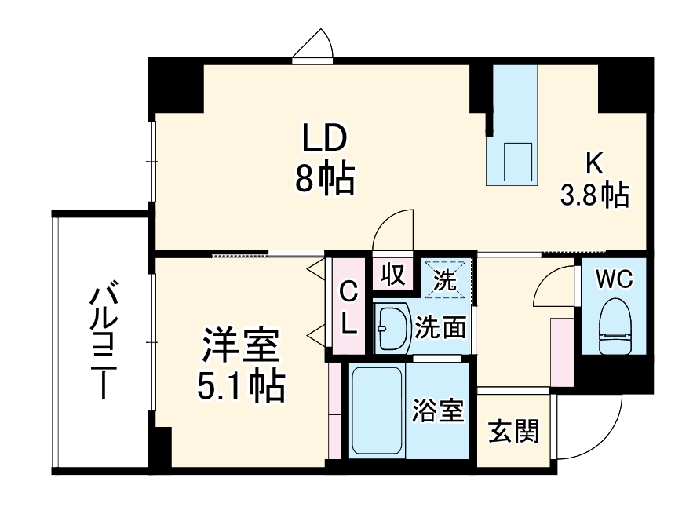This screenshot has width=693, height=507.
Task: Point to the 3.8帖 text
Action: click(594, 194)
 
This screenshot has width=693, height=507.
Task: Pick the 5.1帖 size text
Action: click(240, 386)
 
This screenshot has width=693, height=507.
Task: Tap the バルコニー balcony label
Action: click(100, 342)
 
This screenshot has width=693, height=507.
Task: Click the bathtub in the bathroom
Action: click(377, 411)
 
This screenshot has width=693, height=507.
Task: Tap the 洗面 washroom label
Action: click(440, 326)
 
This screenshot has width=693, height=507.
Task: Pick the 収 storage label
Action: click(392, 275)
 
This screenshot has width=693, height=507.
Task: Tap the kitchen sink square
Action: click(517, 162)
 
